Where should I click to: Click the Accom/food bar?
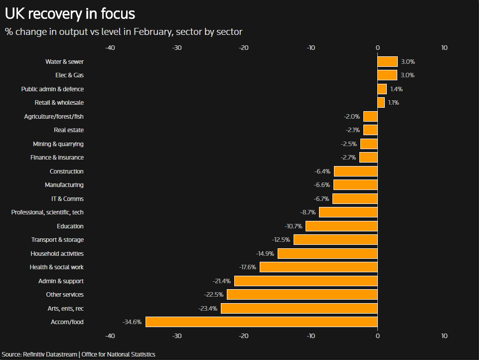(261, 322)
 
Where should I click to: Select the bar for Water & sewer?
(387, 62)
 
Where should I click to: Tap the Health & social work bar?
(319, 267)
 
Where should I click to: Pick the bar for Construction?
(355, 172)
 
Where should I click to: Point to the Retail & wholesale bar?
(381, 103)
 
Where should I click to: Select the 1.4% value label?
(396, 89)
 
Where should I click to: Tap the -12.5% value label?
(281, 240)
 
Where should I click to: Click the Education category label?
(70, 226)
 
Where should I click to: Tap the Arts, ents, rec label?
(65, 309)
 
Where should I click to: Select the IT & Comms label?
(67, 199)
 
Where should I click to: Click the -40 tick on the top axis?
(111, 48)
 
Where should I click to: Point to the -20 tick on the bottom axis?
(244, 336)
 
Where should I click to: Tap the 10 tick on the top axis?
(444, 48)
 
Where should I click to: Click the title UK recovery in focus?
(70, 13)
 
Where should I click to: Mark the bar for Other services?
(302, 295)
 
